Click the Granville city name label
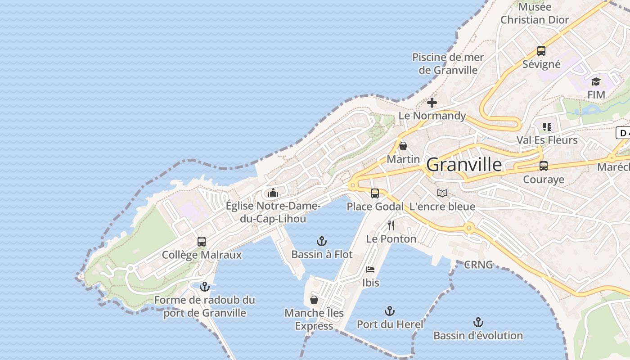(464, 165)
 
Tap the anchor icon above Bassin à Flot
(322, 241)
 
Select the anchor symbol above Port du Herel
(390, 311)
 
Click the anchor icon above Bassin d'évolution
(478, 322)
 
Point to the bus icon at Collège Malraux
(202, 242)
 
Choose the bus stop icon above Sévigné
(541, 51)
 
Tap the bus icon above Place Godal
(375, 193)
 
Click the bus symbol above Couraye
(544, 166)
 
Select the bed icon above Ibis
(370, 270)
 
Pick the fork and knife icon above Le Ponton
(391, 225)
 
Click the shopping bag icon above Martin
(403, 146)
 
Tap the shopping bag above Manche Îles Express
(314, 299)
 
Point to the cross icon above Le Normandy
(432, 103)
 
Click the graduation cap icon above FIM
(596, 81)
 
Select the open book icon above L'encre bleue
(442, 193)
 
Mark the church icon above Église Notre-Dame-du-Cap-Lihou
(273, 193)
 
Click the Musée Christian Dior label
(535, 13)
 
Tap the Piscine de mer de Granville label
(448, 63)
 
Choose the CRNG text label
(478, 265)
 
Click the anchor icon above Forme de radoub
(205, 286)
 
